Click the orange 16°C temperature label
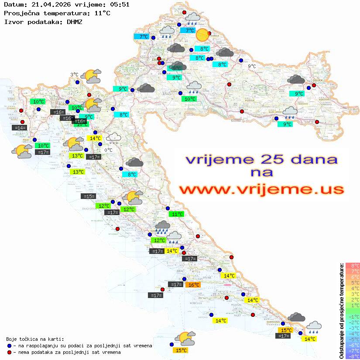193,285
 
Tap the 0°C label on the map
108,150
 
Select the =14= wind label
20,128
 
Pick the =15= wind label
89,196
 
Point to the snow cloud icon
114,138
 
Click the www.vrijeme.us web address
261,189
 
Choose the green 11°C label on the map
177,214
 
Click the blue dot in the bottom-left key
10,346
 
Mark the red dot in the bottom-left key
10,352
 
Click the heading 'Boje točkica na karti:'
35,339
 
